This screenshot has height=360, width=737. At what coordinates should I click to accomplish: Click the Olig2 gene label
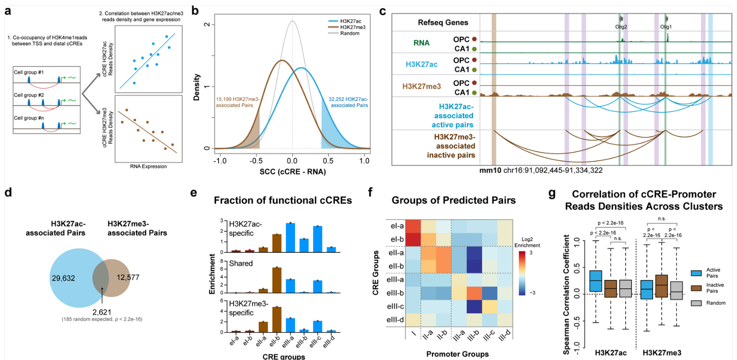(x=621, y=27)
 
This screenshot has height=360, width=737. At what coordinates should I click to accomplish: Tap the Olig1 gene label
(x=666, y=27)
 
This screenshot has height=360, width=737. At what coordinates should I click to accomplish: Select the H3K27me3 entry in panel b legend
(x=352, y=27)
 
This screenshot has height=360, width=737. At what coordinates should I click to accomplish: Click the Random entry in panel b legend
(x=349, y=34)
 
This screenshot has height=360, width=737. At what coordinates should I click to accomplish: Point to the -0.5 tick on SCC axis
(x=256, y=161)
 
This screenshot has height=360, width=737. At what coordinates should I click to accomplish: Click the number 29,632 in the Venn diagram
(x=63, y=278)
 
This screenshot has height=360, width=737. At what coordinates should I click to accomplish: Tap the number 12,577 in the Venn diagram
(x=128, y=278)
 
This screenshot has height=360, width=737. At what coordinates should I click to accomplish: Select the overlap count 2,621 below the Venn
(x=102, y=312)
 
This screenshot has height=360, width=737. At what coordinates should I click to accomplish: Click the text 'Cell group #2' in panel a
(x=28, y=95)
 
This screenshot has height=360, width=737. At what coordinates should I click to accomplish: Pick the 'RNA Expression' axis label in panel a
(x=148, y=166)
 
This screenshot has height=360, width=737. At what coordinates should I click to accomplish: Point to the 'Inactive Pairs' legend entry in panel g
(x=715, y=288)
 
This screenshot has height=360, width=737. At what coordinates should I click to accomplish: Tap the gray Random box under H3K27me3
(x=676, y=291)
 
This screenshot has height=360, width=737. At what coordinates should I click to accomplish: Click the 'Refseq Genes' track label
(x=443, y=22)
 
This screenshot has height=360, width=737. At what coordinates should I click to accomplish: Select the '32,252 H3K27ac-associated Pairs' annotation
(x=348, y=102)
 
